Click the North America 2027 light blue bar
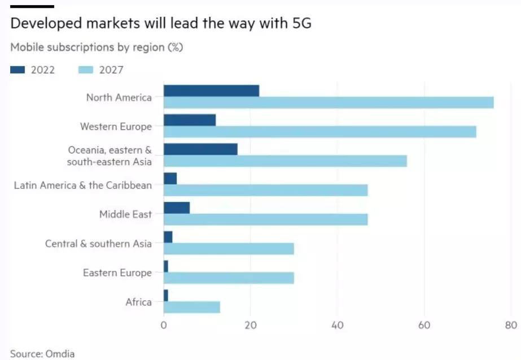[x=329, y=103]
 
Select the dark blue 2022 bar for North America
[x=211, y=91]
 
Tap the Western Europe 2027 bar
[x=319, y=131]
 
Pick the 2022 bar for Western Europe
[x=190, y=120]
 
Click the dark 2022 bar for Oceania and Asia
[x=200, y=150]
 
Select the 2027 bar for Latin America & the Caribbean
[x=265, y=190]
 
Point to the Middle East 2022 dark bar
[x=177, y=208]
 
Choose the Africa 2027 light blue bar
[x=191, y=307]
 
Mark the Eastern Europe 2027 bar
[x=229, y=278]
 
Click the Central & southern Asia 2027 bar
[x=229, y=249]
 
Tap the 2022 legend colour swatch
[x=18, y=70]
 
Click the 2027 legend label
[x=111, y=70]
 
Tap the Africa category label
[x=138, y=302]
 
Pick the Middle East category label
[x=125, y=214]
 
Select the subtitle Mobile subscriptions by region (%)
[x=97, y=47]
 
